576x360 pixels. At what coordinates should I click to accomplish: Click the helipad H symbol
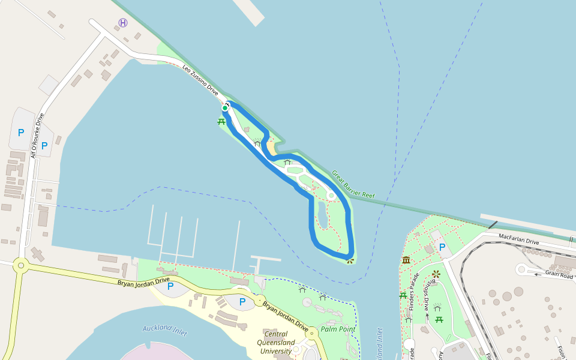click(x=123, y=23)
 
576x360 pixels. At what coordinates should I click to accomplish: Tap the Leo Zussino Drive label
click(x=201, y=80)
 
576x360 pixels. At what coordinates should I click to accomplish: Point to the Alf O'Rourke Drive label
click(x=37, y=135)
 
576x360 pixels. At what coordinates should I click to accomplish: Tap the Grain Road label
click(x=559, y=275)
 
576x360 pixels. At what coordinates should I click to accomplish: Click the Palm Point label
click(x=338, y=329)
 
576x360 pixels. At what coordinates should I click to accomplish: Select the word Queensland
click(x=275, y=343)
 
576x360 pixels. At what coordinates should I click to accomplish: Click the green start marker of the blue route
click(x=225, y=108)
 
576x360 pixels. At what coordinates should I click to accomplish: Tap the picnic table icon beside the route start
click(x=221, y=121)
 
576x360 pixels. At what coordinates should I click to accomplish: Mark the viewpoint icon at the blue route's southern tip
click(x=350, y=260)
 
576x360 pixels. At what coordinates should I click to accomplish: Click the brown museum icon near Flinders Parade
click(x=406, y=260)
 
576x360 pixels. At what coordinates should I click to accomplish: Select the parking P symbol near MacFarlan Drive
click(x=442, y=247)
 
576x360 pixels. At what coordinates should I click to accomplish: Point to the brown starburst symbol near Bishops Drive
click(x=436, y=274)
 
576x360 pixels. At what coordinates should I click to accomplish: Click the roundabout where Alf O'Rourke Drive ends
click(x=21, y=264)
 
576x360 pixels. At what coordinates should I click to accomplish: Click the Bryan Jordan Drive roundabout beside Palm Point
click(x=260, y=299)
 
